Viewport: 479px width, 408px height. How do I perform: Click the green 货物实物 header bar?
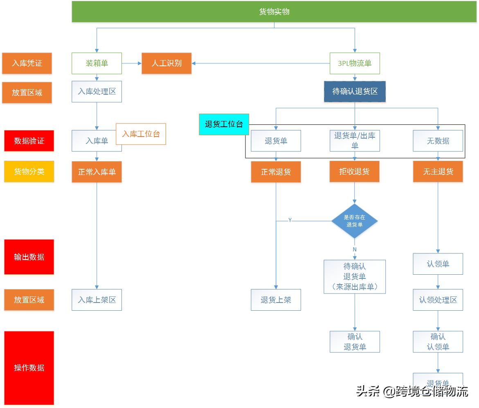tap(274, 11)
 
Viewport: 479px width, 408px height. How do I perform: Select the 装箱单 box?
tap(97, 63)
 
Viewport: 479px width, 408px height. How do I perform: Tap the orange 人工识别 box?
tap(166, 63)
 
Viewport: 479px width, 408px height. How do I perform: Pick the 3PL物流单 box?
tap(355, 63)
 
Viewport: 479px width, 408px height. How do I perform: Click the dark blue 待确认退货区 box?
tap(355, 91)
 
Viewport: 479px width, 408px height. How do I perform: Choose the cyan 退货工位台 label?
tap(224, 124)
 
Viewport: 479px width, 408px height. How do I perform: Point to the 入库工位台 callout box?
tap(141, 134)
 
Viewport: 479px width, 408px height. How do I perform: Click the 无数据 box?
tap(438, 141)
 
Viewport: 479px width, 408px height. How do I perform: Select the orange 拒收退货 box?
tap(355, 172)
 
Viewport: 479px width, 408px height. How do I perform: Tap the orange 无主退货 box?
tap(438, 172)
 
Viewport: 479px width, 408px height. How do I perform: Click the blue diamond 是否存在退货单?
tap(354, 221)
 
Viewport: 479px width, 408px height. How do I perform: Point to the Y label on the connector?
tap(290, 220)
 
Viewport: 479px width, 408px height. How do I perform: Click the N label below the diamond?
tap(355, 249)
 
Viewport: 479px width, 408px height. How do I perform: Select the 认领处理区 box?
tap(438, 300)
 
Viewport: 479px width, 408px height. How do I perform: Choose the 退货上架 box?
tap(276, 300)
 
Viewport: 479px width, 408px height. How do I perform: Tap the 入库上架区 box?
tap(97, 300)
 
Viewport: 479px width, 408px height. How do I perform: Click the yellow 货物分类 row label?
tap(29, 172)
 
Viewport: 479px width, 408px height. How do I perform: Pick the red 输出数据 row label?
tap(29, 257)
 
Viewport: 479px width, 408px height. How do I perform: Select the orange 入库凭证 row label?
tap(27, 63)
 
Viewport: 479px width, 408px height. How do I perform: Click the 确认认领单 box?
tap(438, 342)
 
